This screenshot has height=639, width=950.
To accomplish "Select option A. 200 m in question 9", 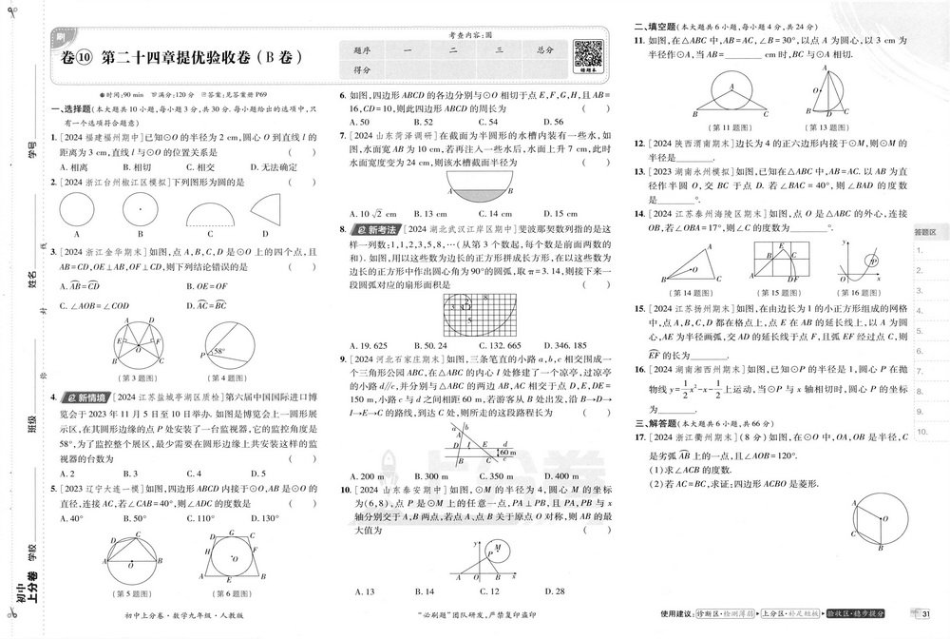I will click(x=366, y=476).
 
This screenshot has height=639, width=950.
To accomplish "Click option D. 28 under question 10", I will click(x=553, y=591).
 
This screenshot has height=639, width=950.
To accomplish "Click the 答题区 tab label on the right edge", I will click(x=925, y=231).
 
